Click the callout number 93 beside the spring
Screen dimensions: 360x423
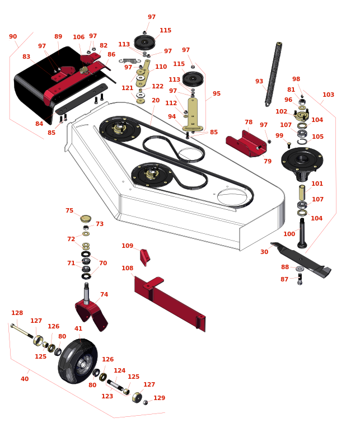click(x=259, y=81)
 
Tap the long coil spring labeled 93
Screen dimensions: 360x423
click(x=273, y=74)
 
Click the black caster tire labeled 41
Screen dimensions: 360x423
click(x=78, y=361)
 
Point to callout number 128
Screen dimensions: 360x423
click(x=17, y=313)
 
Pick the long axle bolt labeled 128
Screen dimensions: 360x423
click(x=22, y=331)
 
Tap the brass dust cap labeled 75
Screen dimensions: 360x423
click(x=86, y=218)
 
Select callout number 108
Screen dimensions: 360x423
click(x=128, y=268)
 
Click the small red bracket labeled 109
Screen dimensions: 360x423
click(x=144, y=257)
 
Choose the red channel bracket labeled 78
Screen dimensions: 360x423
click(x=246, y=144)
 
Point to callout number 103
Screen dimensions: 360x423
click(x=328, y=95)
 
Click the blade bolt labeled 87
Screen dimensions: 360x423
click(x=300, y=279)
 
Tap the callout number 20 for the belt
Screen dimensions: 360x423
click(x=156, y=100)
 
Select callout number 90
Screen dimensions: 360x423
click(x=13, y=36)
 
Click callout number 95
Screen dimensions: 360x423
click(x=217, y=93)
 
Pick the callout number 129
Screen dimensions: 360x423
click(x=159, y=398)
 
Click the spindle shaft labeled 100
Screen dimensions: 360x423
click(x=302, y=233)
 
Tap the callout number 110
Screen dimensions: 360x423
click(x=161, y=67)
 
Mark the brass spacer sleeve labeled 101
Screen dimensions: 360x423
click(x=302, y=192)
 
